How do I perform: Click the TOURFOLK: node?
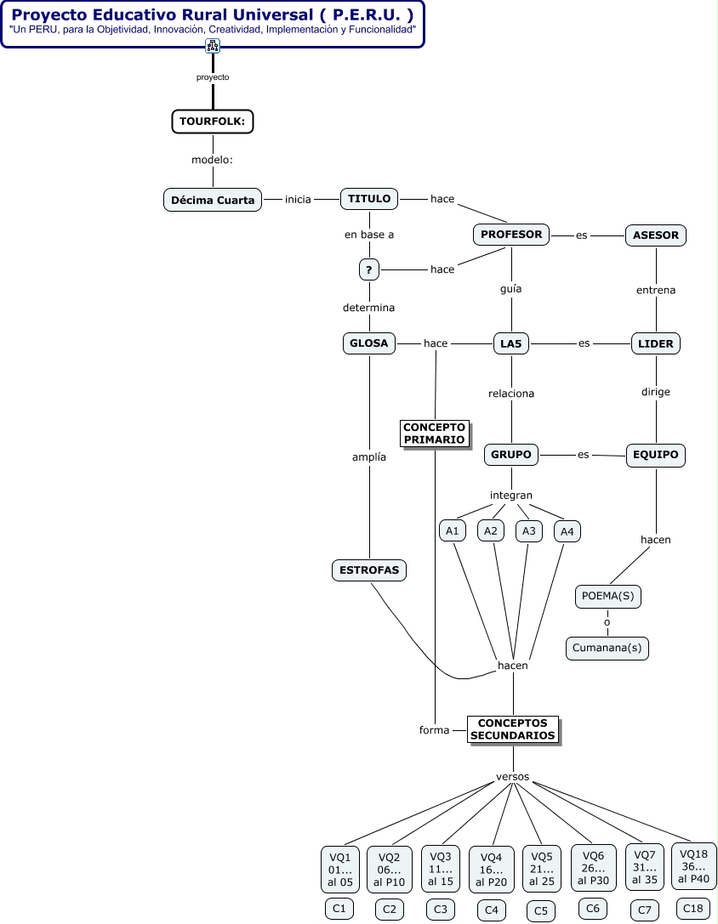click(x=213, y=122)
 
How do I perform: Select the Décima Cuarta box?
click(x=213, y=200)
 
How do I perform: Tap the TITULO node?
click(x=369, y=199)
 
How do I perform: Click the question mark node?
click(x=368, y=270)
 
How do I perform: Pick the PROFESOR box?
click(x=511, y=235)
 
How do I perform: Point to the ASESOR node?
click(x=655, y=235)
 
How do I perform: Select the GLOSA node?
click(x=369, y=343)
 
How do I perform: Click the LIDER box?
click(x=655, y=343)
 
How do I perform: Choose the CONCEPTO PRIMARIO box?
click(x=435, y=434)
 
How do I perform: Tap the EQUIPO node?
click(x=655, y=455)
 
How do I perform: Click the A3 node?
click(x=529, y=531)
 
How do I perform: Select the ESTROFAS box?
click(x=369, y=570)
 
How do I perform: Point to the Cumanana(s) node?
click(x=607, y=649)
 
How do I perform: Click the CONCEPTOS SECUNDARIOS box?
click(x=513, y=729)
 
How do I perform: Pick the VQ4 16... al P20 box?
click(x=492, y=870)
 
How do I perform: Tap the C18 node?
click(x=693, y=909)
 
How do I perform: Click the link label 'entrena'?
click(x=655, y=290)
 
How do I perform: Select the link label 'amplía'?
click(x=369, y=456)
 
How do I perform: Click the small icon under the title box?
click(x=213, y=45)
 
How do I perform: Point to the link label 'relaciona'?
click(x=511, y=393)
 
